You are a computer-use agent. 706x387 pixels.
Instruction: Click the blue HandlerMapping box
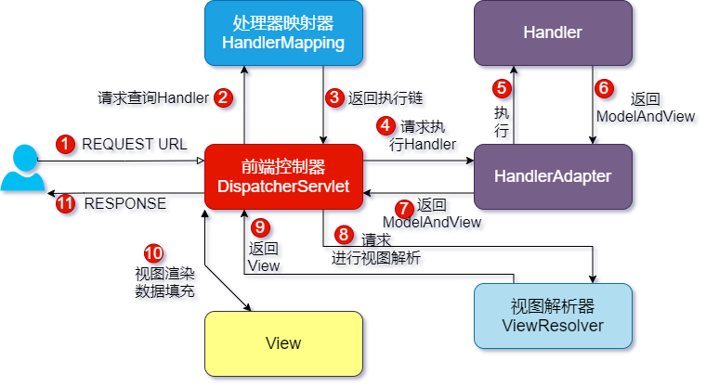283,33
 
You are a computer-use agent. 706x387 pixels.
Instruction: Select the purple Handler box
553,33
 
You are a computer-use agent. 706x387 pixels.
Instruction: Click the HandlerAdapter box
553,175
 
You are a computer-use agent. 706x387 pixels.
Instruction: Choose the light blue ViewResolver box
553,316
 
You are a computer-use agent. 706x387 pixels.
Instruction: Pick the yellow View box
283,343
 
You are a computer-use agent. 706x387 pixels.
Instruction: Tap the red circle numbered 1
65,144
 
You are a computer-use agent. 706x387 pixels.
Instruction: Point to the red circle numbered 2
223,97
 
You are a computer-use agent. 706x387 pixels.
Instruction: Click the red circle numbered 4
385,124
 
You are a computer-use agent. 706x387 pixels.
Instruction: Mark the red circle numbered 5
503,89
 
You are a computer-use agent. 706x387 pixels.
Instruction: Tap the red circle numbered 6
604,89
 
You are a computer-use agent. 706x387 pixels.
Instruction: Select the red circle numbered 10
153,253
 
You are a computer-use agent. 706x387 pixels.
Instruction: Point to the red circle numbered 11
65,204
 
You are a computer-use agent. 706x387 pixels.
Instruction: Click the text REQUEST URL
135,144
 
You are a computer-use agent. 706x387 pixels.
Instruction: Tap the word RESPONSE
125,204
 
